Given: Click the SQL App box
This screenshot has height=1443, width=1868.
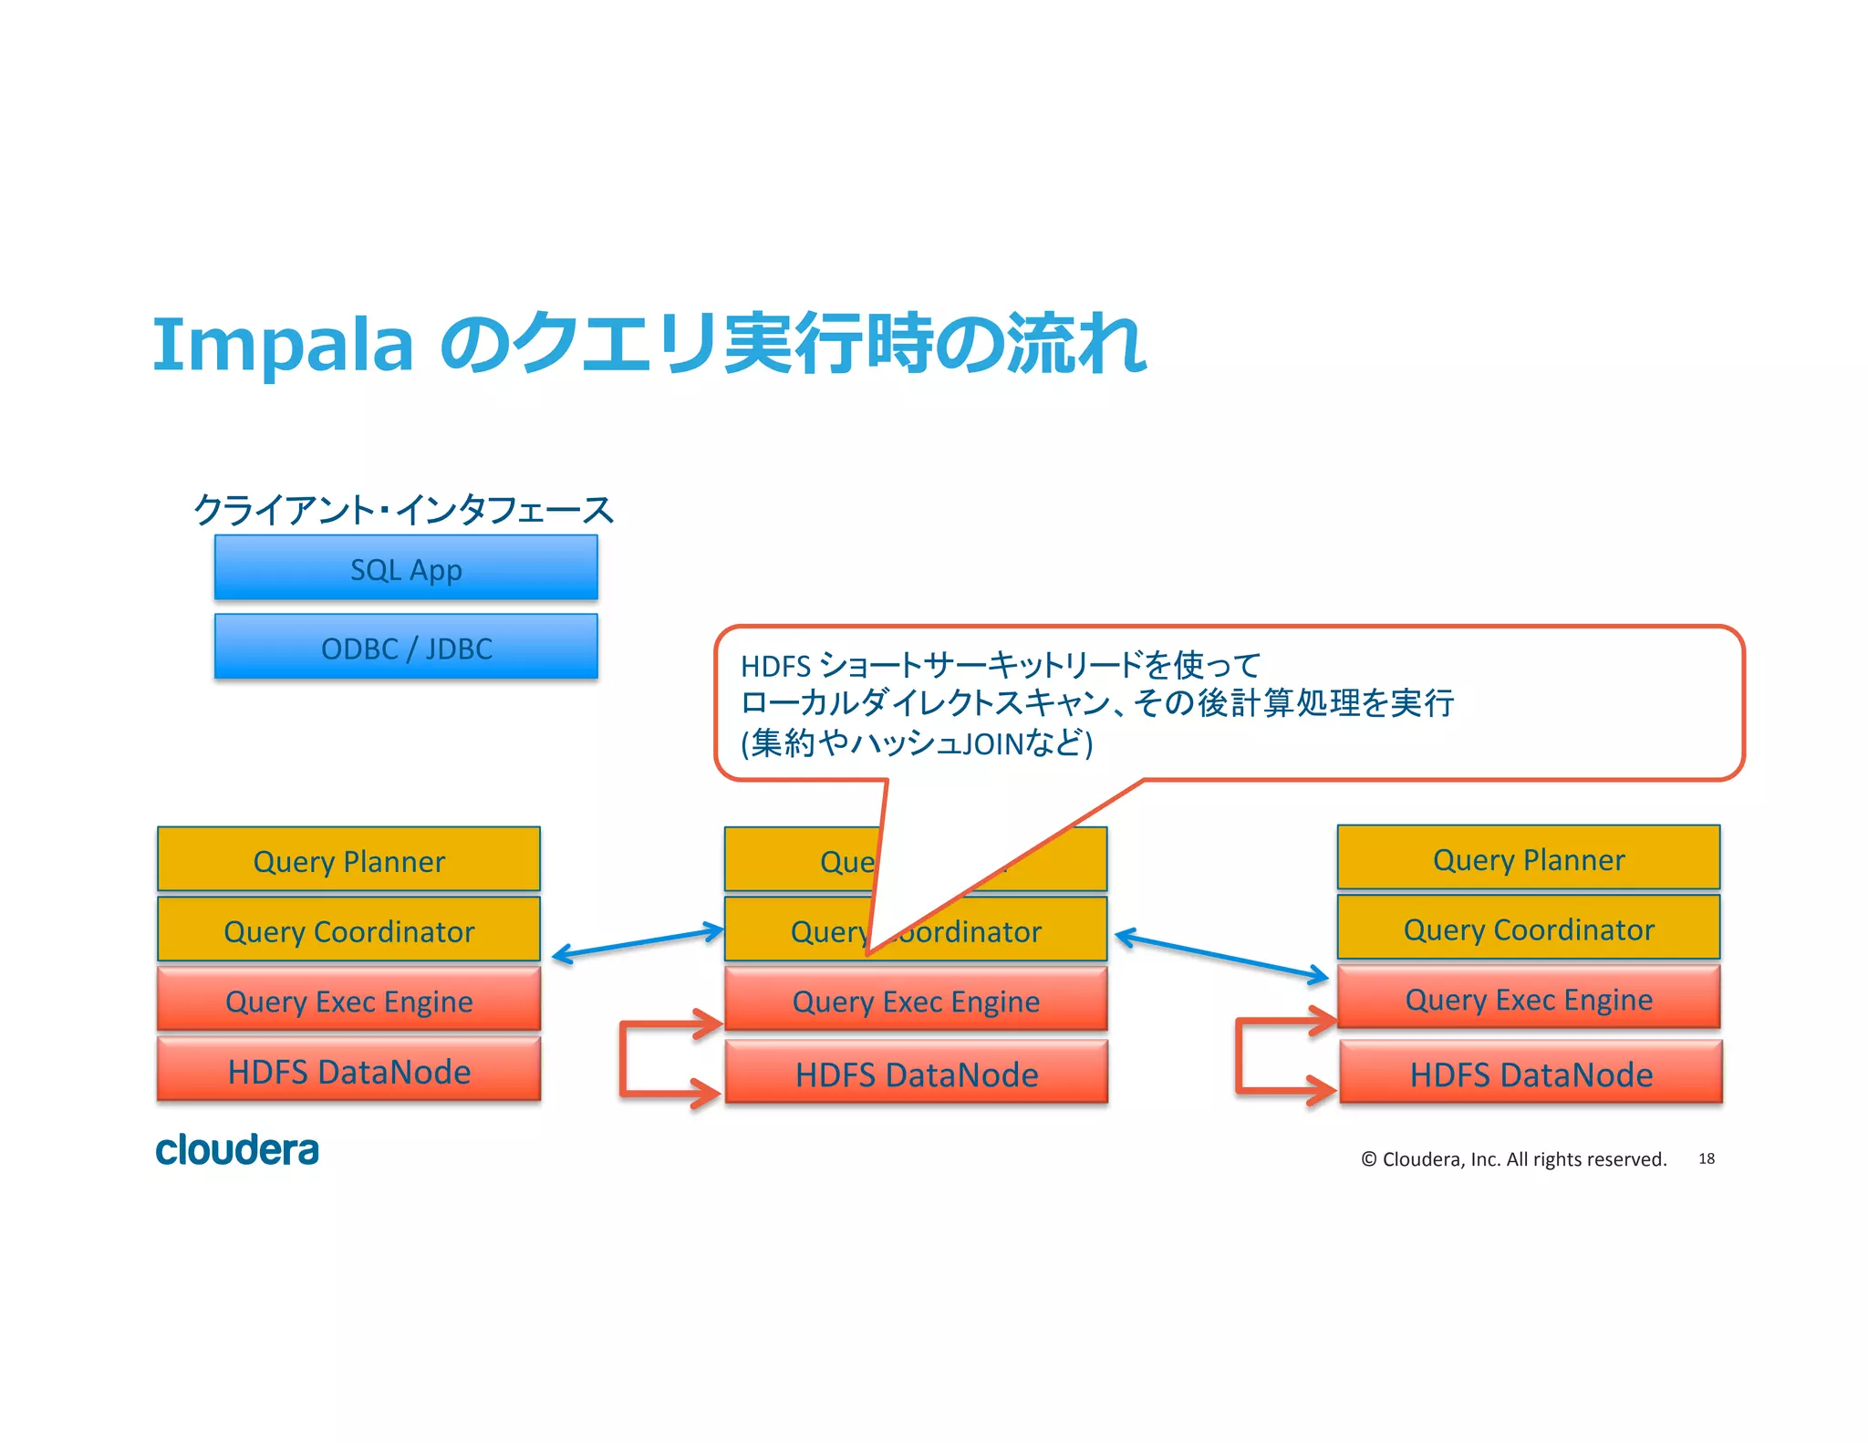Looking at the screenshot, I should tap(406, 568).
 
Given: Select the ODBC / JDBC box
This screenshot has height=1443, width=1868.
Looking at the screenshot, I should tap(406, 647).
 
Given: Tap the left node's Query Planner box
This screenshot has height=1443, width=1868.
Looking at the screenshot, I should tap(348, 860).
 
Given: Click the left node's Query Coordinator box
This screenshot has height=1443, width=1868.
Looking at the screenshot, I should tap(348, 929).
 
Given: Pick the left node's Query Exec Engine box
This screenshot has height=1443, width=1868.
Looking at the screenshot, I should tap(348, 1000).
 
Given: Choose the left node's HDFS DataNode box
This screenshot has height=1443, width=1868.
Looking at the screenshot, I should tap(348, 1070).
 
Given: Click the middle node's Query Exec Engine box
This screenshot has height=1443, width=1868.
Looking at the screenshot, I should tap(916, 1000).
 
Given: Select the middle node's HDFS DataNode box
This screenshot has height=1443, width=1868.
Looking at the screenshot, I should tap(916, 1073).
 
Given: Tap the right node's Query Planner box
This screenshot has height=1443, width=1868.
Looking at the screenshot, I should tap(1529, 858).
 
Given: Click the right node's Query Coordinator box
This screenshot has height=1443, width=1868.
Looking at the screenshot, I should tap(1529, 928).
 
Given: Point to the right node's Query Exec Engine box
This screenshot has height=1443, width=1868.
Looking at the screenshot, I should tap(1529, 998).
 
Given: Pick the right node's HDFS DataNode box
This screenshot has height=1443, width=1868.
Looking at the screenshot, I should tap(1531, 1073).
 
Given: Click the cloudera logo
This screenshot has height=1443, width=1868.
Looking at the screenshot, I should tap(237, 1149).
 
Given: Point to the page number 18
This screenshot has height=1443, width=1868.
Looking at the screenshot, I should tap(1706, 1158).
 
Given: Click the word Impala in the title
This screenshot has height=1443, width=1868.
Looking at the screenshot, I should tap(283, 345).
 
